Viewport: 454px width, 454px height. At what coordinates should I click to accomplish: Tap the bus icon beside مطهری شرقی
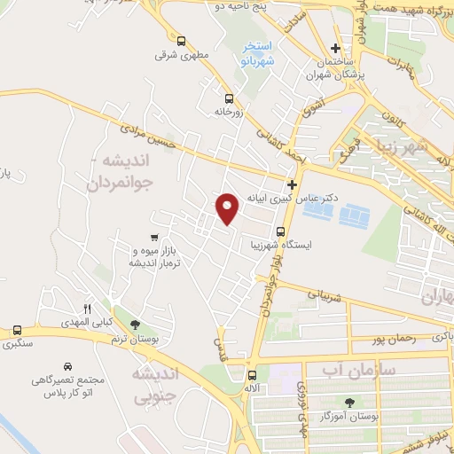point(181,41)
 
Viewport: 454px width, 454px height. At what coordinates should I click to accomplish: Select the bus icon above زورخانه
point(229,98)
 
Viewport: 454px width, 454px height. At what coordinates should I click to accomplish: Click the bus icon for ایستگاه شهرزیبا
point(280,232)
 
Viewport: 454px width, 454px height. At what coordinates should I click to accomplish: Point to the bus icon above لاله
point(253,374)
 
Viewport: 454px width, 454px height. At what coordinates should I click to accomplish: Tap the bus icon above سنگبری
point(15,329)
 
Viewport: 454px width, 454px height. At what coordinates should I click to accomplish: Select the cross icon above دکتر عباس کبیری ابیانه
point(292,184)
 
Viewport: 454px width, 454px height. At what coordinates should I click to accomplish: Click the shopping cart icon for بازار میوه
point(155,238)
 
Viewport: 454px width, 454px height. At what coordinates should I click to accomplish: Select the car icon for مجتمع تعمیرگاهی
point(67,365)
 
